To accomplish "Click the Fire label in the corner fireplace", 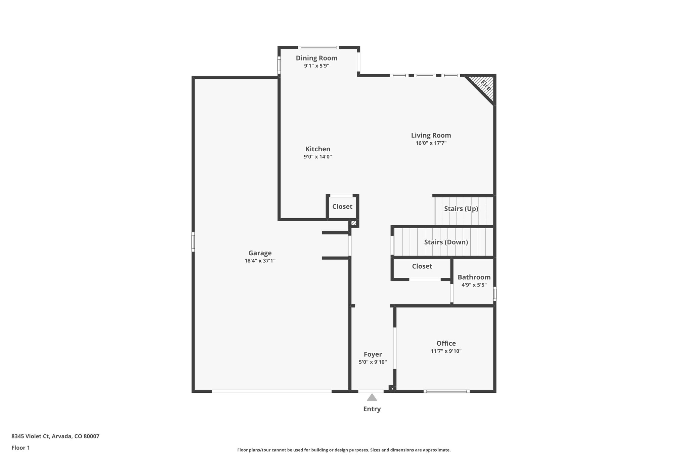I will pyautogui.click(x=485, y=86).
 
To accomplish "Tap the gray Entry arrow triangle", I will pyautogui.click(x=372, y=397).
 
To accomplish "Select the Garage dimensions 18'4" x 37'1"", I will pyautogui.click(x=260, y=261).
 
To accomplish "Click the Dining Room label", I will pyautogui.click(x=316, y=58).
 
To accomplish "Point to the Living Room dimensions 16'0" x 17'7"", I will pyautogui.click(x=431, y=143).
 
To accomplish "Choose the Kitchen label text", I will pyautogui.click(x=317, y=149).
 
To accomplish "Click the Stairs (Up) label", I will pyautogui.click(x=461, y=208).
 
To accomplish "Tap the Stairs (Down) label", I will pyautogui.click(x=446, y=242).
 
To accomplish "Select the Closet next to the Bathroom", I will pyautogui.click(x=422, y=266).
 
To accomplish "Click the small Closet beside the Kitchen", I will pyautogui.click(x=342, y=206).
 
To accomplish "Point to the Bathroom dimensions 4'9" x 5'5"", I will pyautogui.click(x=474, y=285).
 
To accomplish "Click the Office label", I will pyautogui.click(x=446, y=343).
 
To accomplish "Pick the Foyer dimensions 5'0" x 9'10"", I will pyautogui.click(x=373, y=362).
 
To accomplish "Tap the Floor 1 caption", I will pyautogui.click(x=20, y=448).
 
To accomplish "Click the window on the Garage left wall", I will pyautogui.click(x=193, y=241).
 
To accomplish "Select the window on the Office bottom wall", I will pyautogui.click(x=446, y=391).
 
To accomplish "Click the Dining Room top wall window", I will pyautogui.click(x=318, y=47).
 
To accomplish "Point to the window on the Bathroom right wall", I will pyautogui.click(x=494, y=293).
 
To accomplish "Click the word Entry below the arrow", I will pyautogui.click(x=372, y=409).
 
